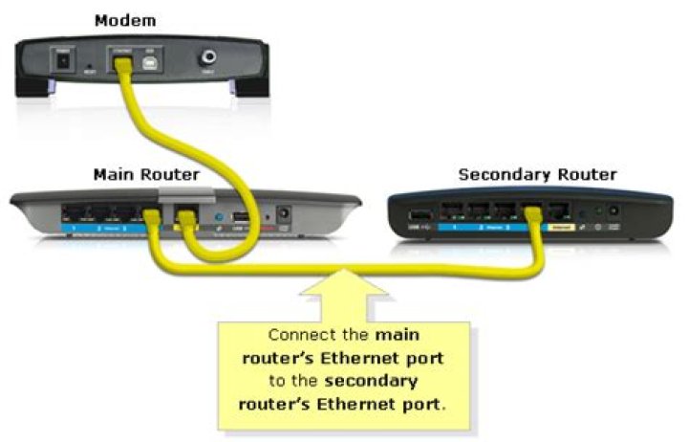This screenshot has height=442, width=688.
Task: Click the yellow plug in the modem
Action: [121, 63]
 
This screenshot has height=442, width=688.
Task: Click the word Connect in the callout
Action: [295, 337]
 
